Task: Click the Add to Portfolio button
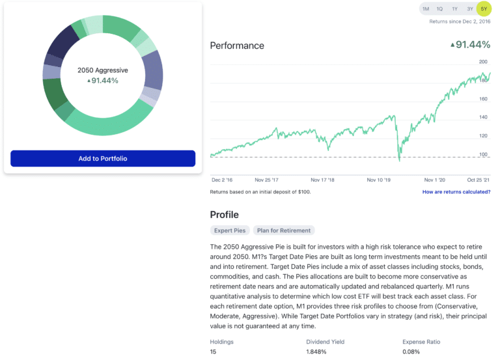[103, 159]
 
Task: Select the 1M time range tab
[426, 9]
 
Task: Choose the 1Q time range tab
[440, 9]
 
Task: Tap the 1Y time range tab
[454, 9]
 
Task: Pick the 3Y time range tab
[469, 9]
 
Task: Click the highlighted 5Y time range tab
[484, 9]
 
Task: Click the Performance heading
[237, 46]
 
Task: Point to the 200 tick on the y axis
[483, 62]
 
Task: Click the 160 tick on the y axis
[483, 99]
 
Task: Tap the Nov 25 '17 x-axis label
[267, 180]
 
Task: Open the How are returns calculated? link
[456, 192]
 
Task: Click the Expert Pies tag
[230, 230]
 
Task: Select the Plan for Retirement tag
[284, 230]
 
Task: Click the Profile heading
[224, 215]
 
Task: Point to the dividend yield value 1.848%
[317, 352]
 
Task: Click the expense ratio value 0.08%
[412, 352]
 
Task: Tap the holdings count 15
[214, 352]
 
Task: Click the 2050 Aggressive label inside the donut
[103, 70]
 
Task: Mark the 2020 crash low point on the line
[399, 159]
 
